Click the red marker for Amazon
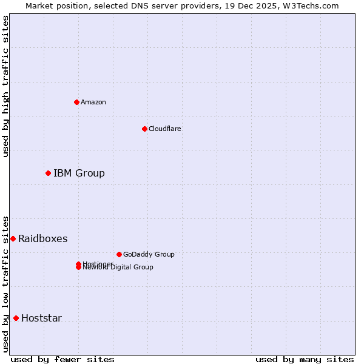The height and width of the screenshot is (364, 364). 76,102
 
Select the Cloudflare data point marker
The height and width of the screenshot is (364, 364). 144,129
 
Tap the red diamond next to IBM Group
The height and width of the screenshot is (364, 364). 48,174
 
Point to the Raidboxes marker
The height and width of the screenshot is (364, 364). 13,238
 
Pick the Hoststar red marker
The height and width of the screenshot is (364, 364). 16,318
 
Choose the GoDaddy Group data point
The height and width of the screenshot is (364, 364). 119,254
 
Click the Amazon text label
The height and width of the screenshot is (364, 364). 93,102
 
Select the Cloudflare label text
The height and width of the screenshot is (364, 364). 165,129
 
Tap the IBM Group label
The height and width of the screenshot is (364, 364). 79,174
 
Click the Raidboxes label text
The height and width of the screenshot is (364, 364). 42,239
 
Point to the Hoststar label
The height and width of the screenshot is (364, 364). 41,318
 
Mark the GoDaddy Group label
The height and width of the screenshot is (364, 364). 149,254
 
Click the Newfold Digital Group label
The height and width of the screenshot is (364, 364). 118,268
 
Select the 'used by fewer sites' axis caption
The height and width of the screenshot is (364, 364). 62,359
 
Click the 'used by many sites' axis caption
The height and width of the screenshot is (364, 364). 305,359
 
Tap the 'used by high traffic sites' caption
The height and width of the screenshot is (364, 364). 5,86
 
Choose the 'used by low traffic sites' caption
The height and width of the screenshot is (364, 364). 5,283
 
